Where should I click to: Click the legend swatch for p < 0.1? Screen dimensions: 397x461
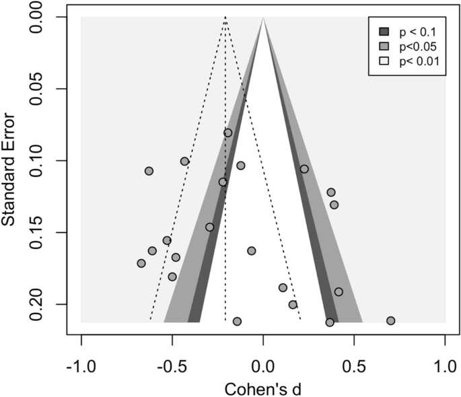click(x=384, y=32)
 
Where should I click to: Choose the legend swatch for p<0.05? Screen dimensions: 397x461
click(x=384, y=47)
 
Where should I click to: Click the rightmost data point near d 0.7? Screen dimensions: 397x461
click(x=390, y=321)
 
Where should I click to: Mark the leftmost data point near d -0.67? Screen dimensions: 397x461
click(x=141, y=263)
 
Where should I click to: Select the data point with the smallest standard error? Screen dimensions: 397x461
click(x=228, y=133)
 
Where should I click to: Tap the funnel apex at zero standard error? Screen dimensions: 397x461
click(x=263, y=17)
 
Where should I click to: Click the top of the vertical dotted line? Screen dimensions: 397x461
click(x=225, y=17)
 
